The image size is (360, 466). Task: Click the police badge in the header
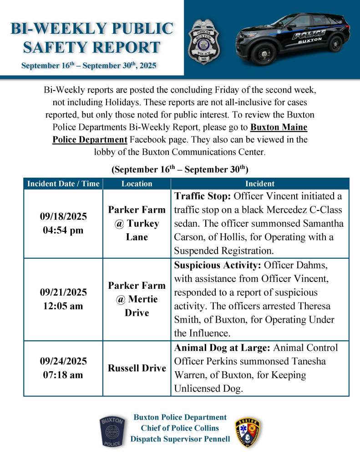204,42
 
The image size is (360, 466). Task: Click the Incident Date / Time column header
63,184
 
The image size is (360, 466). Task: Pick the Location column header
137,184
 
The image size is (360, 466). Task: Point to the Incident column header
260,184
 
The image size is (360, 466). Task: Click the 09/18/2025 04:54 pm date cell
63,223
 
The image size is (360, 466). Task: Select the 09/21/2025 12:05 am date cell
63,299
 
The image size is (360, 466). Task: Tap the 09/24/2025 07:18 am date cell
63,368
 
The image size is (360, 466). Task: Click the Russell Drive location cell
137,368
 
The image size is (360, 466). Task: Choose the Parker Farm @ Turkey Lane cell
137,223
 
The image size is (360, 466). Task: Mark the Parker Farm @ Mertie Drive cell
137,299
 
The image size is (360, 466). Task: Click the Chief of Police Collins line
180,428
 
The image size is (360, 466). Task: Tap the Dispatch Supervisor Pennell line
180,439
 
